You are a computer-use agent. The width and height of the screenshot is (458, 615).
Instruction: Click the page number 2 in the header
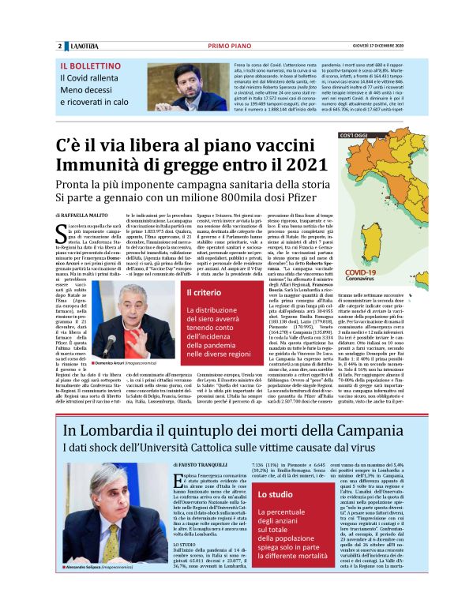click(59, 47)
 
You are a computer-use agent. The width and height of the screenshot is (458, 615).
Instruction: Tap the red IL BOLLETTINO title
click(86, 66)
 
